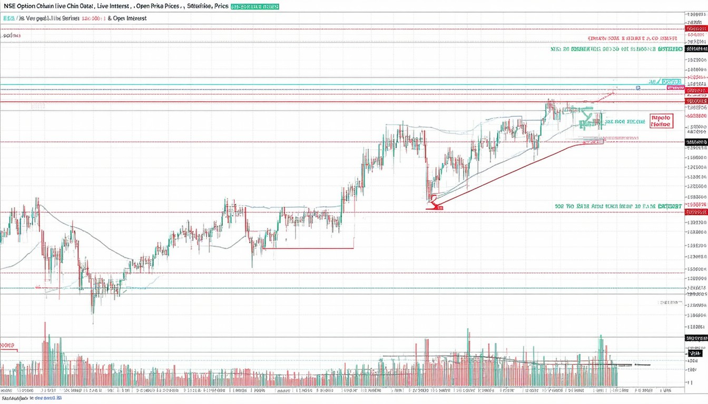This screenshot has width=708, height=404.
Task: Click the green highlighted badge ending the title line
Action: point(255,6)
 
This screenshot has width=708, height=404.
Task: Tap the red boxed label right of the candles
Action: point(661,122)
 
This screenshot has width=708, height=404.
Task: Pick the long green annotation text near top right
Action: point(616,49)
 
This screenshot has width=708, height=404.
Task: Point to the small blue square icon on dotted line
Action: point(638,88)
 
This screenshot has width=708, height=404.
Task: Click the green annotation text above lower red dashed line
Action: point(618,206)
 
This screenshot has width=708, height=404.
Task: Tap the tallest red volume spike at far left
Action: point(45,337)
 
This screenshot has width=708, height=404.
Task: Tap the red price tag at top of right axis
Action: point(696,29)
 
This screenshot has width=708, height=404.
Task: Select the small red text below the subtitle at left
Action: point(11,36)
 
